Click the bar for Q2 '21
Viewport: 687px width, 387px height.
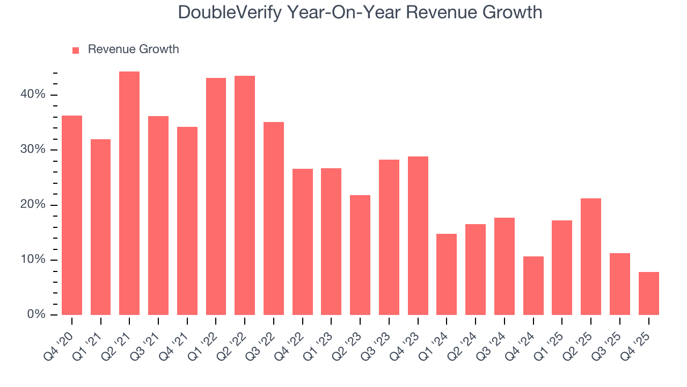point(129,193)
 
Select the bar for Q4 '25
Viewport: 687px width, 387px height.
point(649,293)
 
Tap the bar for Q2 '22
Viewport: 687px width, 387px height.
point(245,196)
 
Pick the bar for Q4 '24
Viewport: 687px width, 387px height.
point(533,286)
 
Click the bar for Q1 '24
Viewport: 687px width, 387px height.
point(447,275)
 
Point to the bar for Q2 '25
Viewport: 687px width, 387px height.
point(591,257)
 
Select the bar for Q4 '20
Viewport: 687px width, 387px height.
point(72,215)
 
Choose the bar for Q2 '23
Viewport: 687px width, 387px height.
point(360,255)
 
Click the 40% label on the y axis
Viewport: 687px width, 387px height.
point(33,95)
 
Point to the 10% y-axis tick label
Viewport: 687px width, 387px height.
point(33,260)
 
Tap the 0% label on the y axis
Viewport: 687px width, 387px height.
point(36,314)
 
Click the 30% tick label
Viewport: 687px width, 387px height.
point(33,149)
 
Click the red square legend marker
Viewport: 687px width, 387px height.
point(76,50)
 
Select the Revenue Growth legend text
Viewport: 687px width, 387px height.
point(133,49)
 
